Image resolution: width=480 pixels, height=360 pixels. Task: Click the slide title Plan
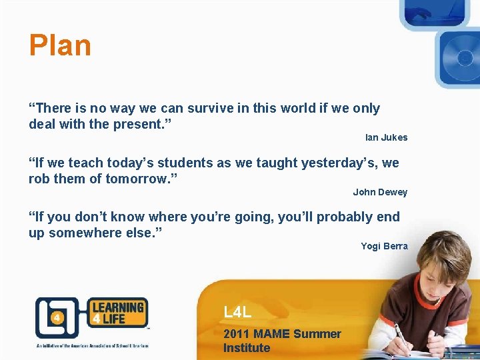pos(60,46)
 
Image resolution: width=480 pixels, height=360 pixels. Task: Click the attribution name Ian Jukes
pos(386,137)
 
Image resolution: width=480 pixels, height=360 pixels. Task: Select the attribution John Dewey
pos(380,192)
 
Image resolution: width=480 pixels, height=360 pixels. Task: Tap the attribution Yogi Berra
pos(384,246)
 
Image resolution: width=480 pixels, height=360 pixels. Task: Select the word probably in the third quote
pos(346,217)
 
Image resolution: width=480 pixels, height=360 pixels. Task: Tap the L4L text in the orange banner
pos(237,312)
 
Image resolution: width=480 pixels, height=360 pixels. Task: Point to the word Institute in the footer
pos(247,348)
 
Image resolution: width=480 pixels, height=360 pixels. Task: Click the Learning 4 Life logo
pos(91,317)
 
